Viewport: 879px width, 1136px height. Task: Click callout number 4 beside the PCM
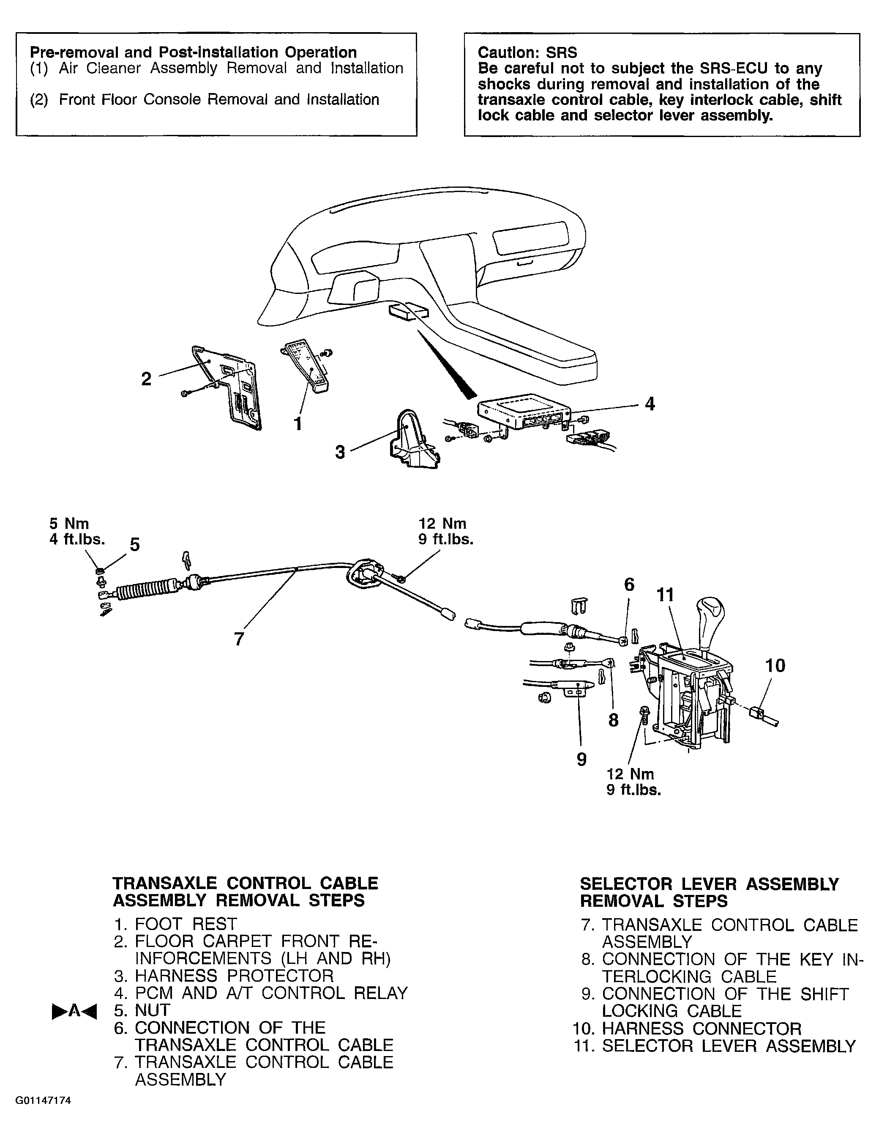pos(649,403)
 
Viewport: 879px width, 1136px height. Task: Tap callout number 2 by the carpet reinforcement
pos(147,379)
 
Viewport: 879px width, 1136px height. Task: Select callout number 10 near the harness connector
pos(775,665)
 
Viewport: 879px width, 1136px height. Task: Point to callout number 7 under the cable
pos(239,639)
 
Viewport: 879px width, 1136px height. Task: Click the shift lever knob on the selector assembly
pos(710,615)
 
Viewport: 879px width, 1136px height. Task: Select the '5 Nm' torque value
pos(69,523)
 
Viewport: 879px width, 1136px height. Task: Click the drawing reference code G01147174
pos(43,1115)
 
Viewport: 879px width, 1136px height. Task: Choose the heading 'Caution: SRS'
pos(527,52)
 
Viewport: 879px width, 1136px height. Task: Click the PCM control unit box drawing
pos(524,411)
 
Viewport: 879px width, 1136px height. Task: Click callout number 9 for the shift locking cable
pos(581,760)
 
